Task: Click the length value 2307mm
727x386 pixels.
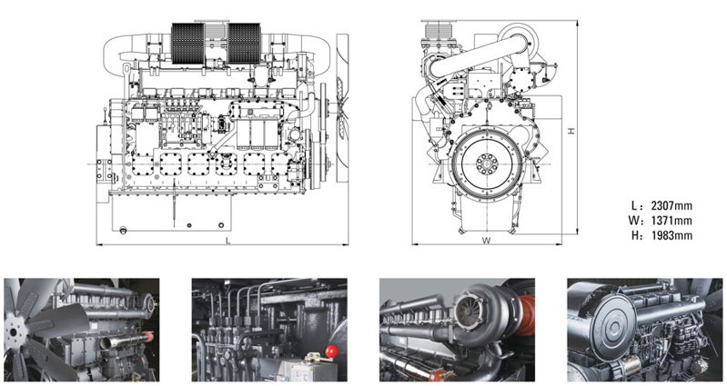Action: (x=675, y=204)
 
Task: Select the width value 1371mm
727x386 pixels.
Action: (x=675, y=220)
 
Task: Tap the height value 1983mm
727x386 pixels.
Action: (x=675, y=235)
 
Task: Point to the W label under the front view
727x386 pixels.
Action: (x=487, y=241)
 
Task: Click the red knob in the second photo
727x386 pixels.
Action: (x=332, y=350)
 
